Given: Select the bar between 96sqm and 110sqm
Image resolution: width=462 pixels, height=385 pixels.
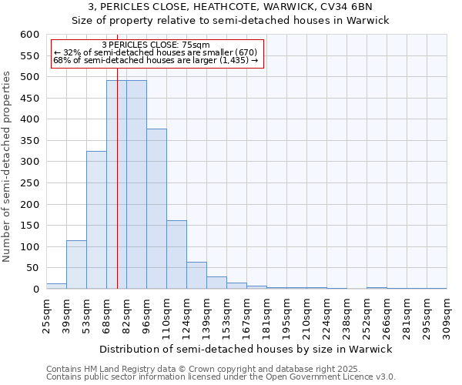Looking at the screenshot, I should coord(156,209).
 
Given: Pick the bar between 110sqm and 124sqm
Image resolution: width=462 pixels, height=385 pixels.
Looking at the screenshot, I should coord(176,254).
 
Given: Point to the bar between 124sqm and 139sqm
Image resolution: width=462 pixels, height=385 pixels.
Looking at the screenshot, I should coord(196,275).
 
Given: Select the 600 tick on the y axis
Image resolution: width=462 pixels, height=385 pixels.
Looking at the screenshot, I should coord(29,35).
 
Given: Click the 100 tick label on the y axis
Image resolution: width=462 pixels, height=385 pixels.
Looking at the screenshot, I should coord(29,247).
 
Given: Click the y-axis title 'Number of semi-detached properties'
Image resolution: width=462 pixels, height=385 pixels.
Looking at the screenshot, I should coord(8,167).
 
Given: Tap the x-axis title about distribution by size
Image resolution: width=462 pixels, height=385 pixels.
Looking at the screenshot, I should coord(246,349).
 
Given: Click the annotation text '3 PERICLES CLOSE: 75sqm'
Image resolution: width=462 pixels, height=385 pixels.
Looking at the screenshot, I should coord(156,45).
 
